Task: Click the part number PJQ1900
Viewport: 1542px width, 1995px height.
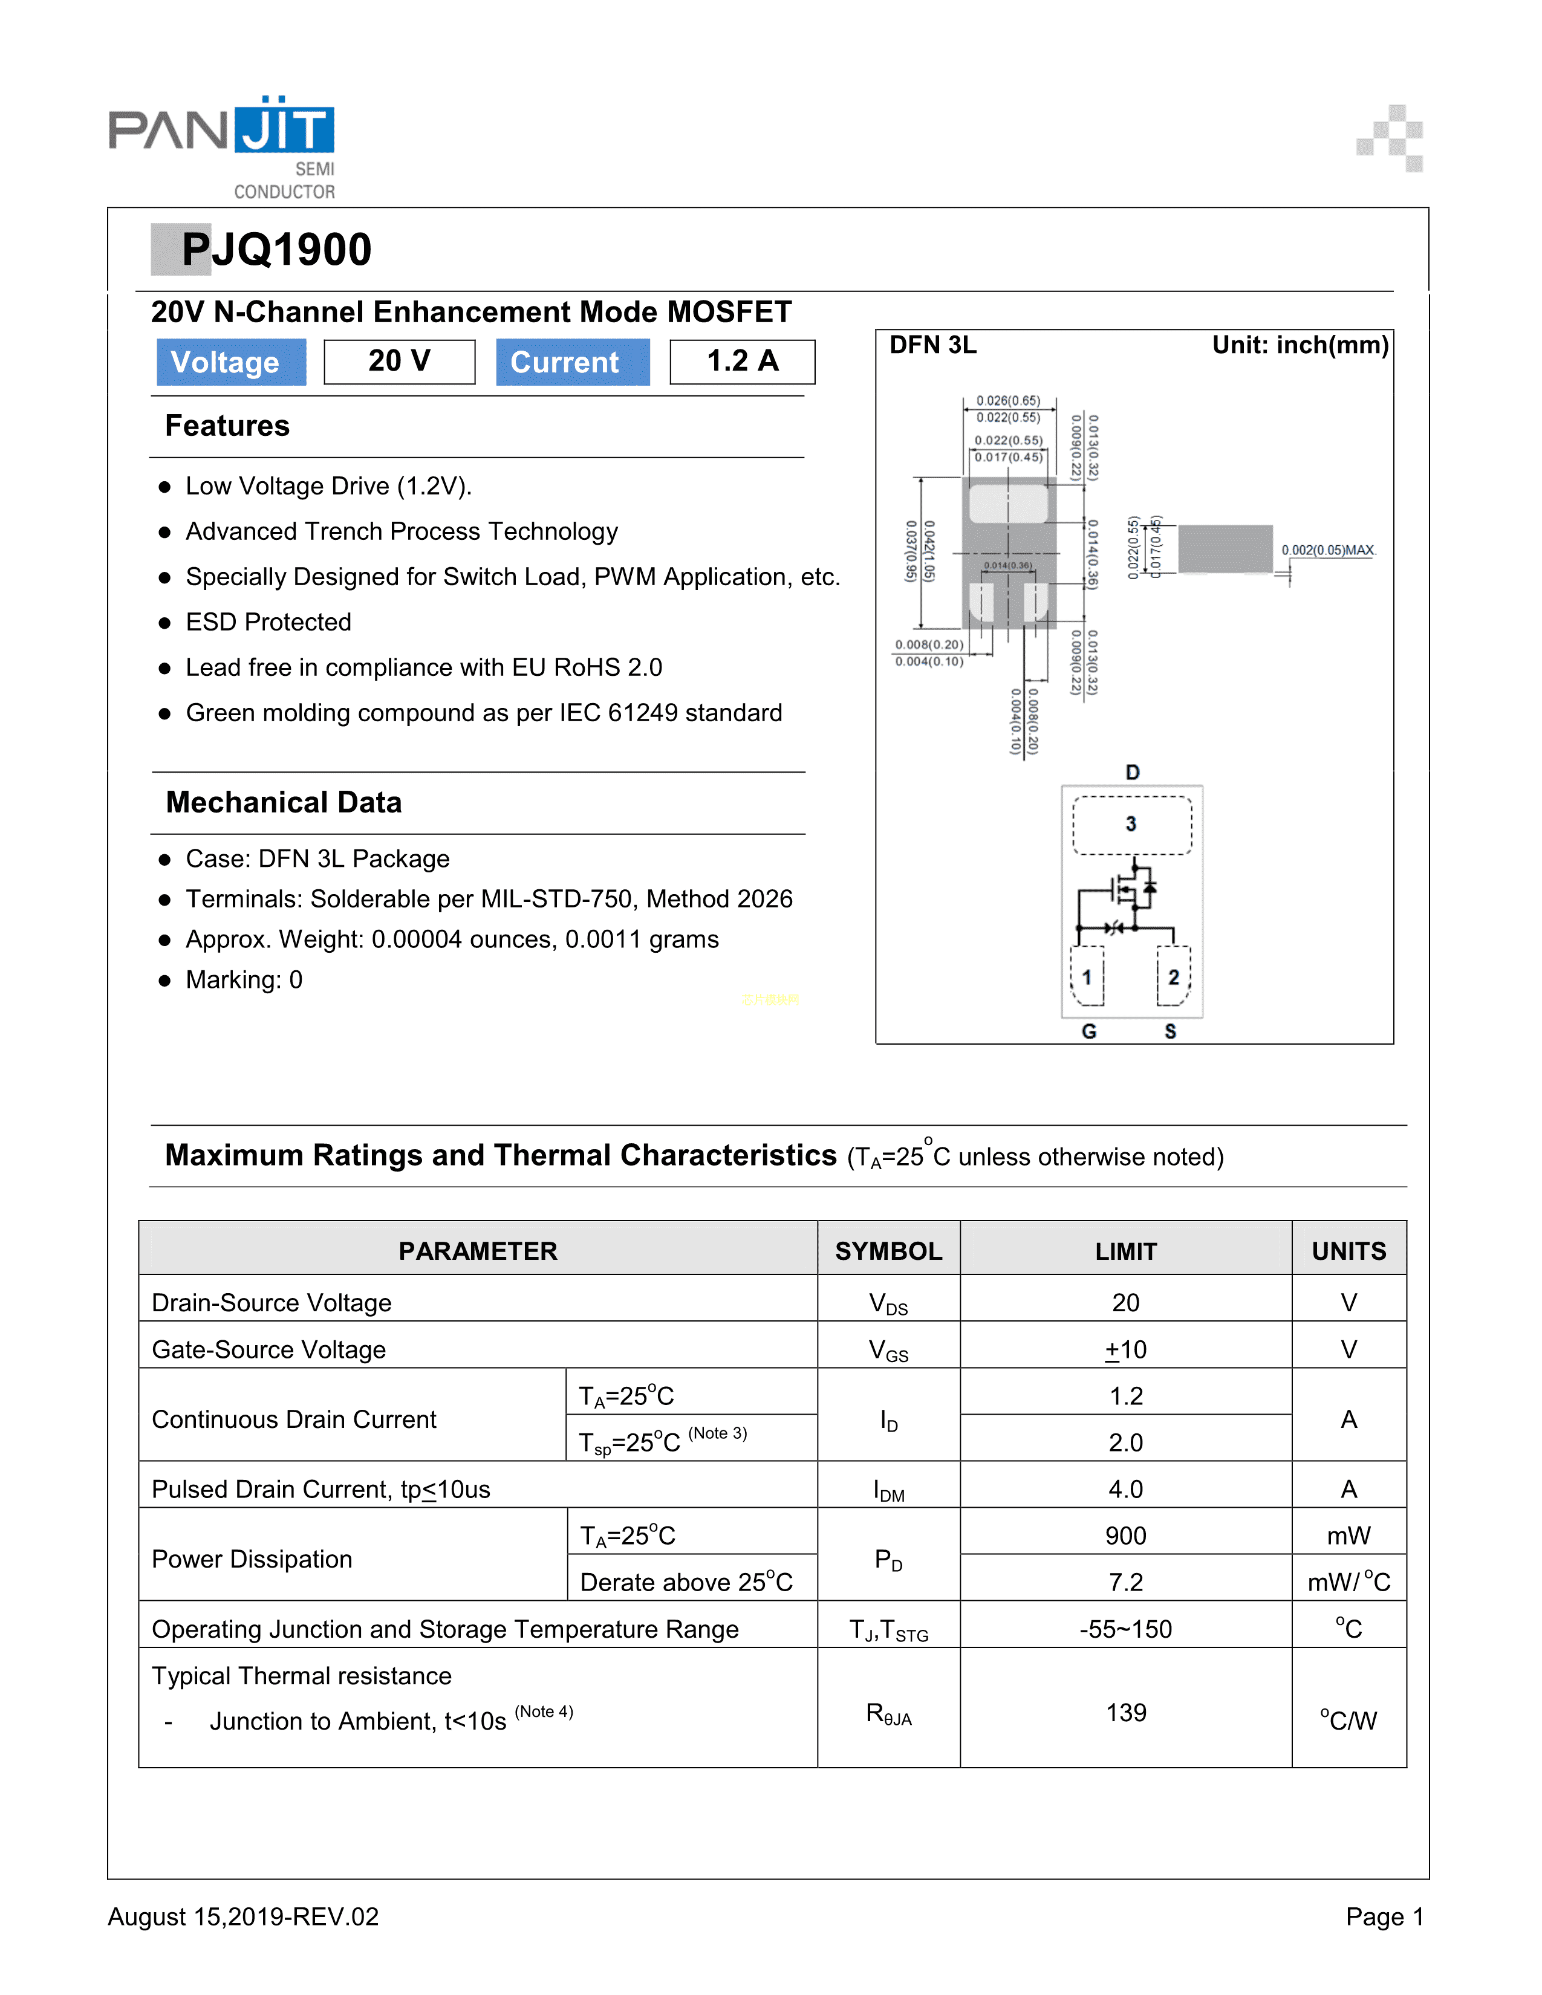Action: click(276, 249)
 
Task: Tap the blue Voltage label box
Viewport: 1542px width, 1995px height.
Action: click(230, 362)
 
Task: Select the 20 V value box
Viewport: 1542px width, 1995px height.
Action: click(399, 362)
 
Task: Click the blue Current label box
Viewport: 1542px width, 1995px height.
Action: click(572, 362)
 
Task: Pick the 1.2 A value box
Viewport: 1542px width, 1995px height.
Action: click(742, 362)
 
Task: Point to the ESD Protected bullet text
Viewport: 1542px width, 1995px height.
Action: click(268, 622)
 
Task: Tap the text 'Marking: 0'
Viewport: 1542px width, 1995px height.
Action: click(243, 979)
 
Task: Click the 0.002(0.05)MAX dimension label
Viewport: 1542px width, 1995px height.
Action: click(1327, 550)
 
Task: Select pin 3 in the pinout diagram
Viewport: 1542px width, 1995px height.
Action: click(1131, 824)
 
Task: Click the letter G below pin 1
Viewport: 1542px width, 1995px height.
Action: click(1089, 1031)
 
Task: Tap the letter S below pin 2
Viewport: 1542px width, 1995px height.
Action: click(1170, 1031)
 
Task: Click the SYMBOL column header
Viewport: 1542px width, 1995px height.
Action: click(888, 1251)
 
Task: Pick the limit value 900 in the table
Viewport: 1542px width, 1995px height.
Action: click(1125, 1536)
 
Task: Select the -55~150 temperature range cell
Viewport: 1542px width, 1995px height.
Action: click(1125, 1629)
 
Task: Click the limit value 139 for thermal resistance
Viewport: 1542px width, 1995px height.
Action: click(1125, 1713)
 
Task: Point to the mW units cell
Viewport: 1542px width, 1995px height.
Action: click(1348, 1536)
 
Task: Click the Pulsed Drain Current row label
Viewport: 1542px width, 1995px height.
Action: click(320, 1489)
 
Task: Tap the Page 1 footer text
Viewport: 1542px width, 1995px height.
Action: click(1384, 1916)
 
